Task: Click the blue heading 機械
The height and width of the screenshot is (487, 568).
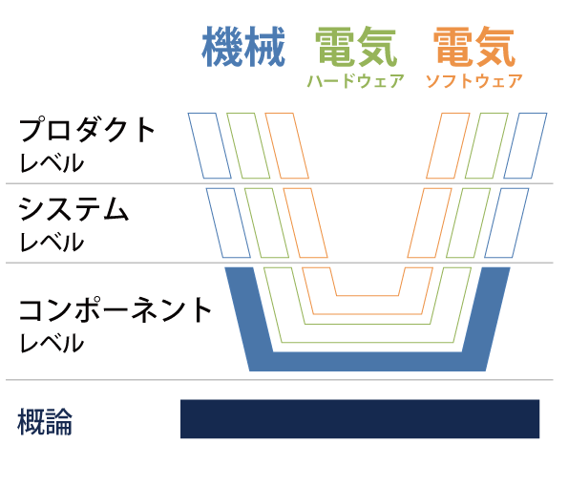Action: [243, 47]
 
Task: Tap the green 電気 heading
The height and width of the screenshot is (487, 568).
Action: [356, 47]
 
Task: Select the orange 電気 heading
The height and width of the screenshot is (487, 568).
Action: [474, 47]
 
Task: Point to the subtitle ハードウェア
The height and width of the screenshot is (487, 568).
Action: [355, 81]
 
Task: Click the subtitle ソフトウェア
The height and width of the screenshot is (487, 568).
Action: [473, 81]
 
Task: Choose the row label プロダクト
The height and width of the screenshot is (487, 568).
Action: [87, 130]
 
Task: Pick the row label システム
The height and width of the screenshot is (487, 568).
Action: [74, 209]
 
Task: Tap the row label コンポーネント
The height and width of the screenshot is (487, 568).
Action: [116, 310]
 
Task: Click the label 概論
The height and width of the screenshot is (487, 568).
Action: [45, 422]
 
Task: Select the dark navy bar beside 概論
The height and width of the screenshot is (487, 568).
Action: [360, 419]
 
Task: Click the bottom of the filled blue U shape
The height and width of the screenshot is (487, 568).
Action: [368, 362]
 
